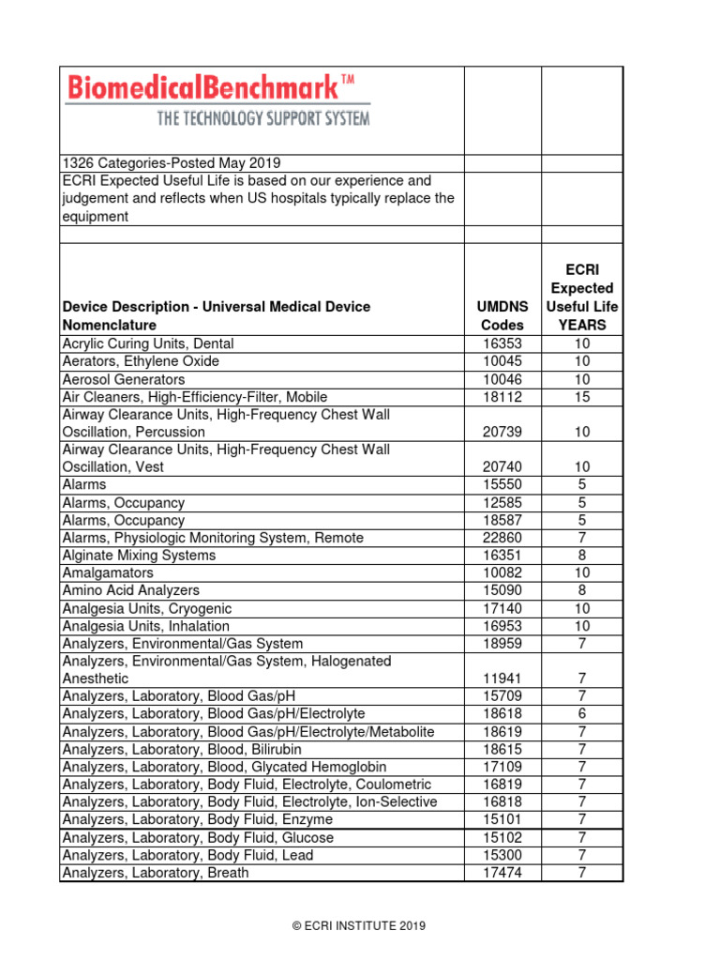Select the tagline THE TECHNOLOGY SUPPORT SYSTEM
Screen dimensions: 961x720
pos(262,118)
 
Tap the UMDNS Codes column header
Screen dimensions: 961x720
pos(502,315)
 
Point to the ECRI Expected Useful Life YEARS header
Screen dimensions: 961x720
pos(582,297)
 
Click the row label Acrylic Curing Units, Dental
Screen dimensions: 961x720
pos(148,343)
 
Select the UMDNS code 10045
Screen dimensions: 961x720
pos(502,361)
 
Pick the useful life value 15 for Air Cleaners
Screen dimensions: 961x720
pos(582,397)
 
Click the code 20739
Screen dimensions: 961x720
pos(502,432)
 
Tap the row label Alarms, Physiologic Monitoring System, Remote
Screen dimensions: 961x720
pos(213,538)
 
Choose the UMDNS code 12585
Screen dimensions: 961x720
pos(502,503)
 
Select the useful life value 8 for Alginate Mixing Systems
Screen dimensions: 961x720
pos(582,556)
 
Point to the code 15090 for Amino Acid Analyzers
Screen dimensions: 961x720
pos(502,590)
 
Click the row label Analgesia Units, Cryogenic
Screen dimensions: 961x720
pos(146,608)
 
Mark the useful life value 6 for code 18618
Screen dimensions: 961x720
pos(582,714)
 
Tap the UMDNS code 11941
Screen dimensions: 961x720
pos(502,679)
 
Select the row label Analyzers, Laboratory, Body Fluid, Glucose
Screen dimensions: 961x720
pos(198,837)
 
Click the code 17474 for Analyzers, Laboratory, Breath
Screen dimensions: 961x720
pos(502,873)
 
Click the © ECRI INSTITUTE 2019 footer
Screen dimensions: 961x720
pos(359,925)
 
